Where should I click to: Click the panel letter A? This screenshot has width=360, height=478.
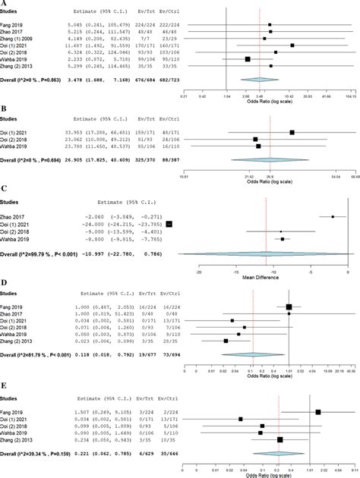pyautogui.click(x=4, y=4)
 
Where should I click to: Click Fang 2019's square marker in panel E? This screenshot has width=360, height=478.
pyautogui.click(x=318, y=411)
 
